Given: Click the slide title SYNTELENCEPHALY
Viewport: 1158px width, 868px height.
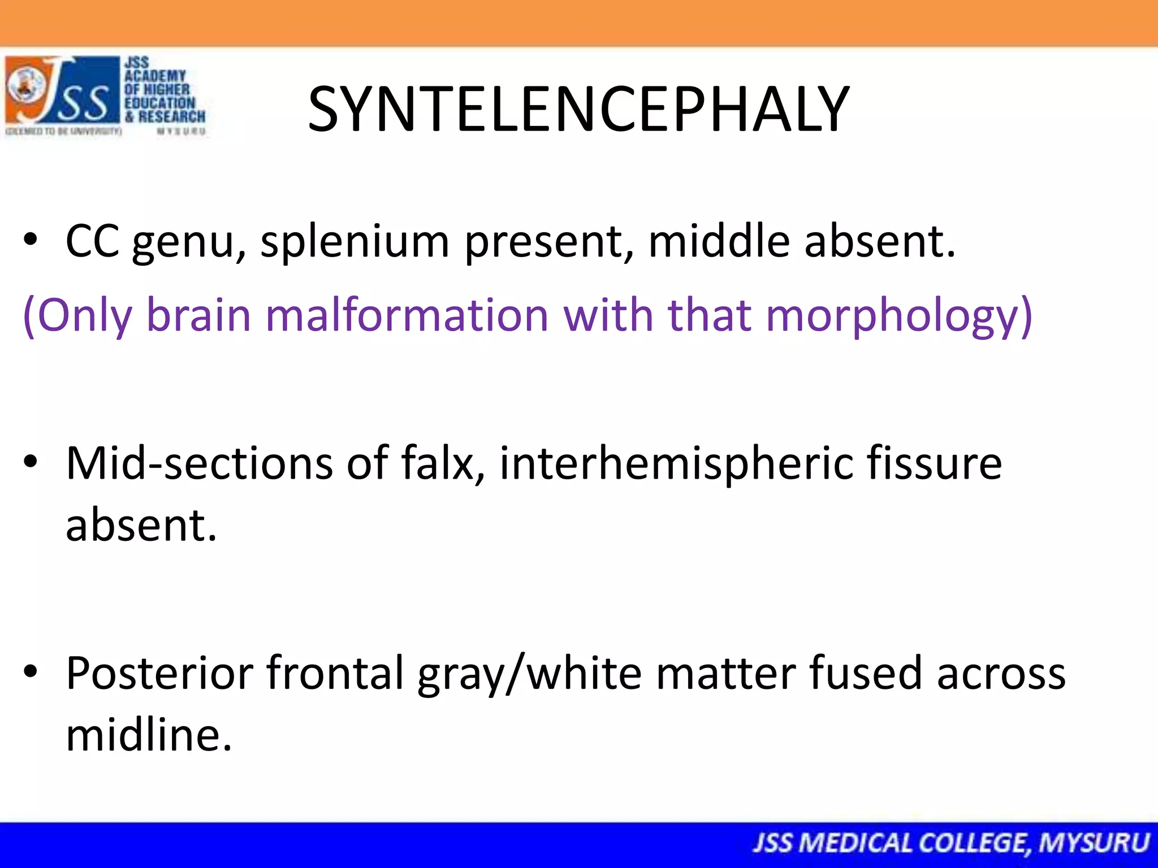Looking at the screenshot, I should click(x=578, y=110).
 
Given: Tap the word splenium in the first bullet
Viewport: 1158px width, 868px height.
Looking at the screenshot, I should click(x=355, y=241).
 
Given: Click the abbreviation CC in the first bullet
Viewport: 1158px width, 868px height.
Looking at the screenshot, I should click(x=92, y=241).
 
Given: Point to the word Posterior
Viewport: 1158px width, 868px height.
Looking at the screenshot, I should click(x=159, y=673).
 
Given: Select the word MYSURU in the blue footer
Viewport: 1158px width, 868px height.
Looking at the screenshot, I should click(x=1094, y=843).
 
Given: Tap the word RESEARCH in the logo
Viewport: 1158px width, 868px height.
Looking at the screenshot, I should click(x=172, y=116).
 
